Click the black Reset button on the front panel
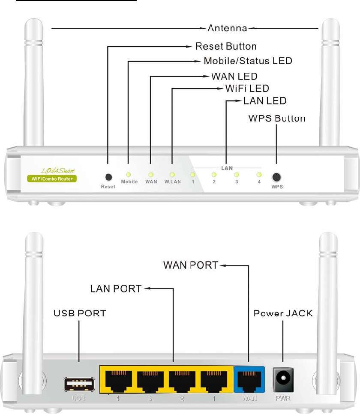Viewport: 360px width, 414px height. (108, 177)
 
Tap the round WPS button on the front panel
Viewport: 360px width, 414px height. (276, 177)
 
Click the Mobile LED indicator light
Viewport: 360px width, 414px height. (128, 175)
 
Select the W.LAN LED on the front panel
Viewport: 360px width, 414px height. (172, 175)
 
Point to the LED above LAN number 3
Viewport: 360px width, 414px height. (236, 175)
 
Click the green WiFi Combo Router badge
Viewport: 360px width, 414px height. (52, 178)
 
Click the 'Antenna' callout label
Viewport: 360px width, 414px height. (227, 29)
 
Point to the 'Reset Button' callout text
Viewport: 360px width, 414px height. (226, 46)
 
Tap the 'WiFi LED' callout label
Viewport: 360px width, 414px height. (247, 89)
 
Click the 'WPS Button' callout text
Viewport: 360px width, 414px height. (277, 118)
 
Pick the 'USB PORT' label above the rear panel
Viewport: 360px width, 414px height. (80, 313)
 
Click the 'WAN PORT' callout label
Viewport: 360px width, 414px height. (191, 265)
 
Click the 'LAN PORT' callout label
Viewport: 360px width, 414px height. (116, 289)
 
